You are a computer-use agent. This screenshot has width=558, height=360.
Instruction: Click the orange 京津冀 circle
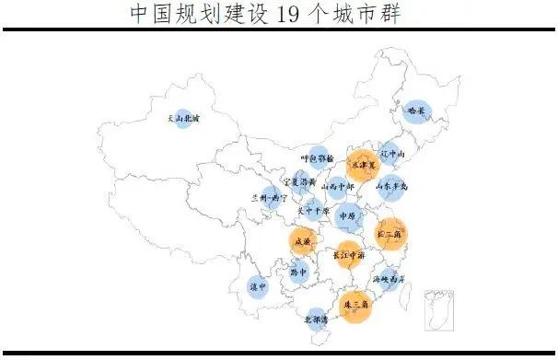(x=364, y=166)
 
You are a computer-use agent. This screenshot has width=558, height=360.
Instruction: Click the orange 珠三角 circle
(x=355, y=303)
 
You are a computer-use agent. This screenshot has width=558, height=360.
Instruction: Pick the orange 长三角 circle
(x=390, y=234)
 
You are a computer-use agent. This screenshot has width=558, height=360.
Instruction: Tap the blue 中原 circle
(x=347, y=218)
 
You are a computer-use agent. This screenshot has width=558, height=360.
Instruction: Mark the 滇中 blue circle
(x=259, y=286)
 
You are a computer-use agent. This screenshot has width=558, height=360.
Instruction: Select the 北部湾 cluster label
(x=318, y=319)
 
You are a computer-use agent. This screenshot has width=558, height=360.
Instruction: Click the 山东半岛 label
(x=391, y=187)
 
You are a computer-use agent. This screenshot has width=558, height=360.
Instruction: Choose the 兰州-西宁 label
(x=269, y=198)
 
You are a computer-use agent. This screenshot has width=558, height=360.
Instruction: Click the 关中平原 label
(x=312, y=210)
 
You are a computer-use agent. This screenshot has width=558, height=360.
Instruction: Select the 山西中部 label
(x=336, y=184)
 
